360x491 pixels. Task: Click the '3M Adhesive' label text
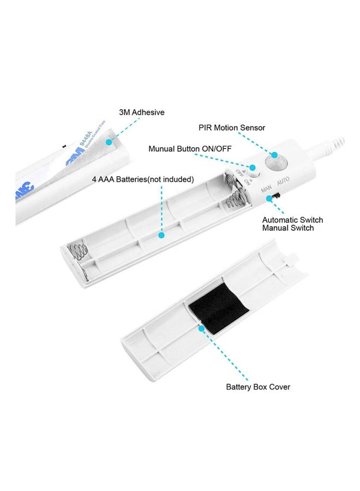(141, 112)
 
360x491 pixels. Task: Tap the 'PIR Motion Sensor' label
(232, 128)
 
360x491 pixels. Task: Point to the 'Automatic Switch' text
(292, 220)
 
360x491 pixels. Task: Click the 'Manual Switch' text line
(288, 228)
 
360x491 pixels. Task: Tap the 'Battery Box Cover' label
(258, 387)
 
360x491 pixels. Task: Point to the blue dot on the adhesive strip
(109, 142)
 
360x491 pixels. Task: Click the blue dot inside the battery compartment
(161, 236)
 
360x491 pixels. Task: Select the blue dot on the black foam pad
(201, 328)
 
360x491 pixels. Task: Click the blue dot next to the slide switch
(269, 199)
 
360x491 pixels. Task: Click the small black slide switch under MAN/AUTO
(278, 194)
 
